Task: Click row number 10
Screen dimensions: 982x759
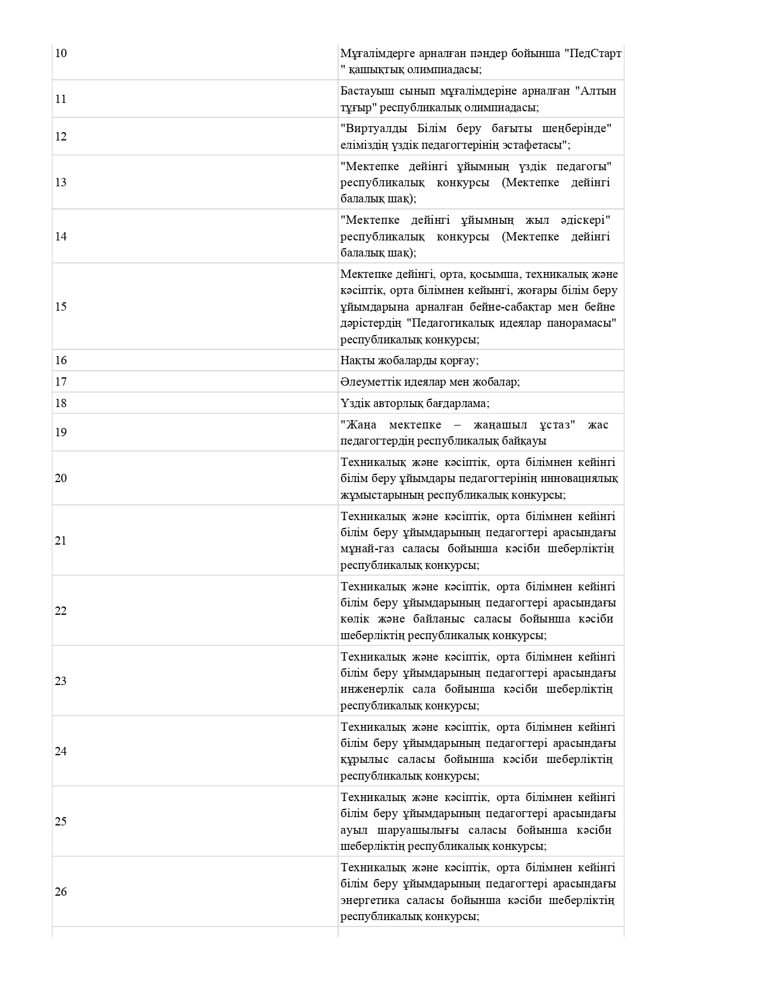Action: point(61,54)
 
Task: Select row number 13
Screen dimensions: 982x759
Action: point(61,183)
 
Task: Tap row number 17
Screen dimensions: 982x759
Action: point(61,382)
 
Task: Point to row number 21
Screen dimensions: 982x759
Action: point(61,541)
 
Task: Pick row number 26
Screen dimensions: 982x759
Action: point(61,892)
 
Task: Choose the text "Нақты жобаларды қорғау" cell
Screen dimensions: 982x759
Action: point(410,361)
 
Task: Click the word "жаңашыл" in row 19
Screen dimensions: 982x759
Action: point(499,425)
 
